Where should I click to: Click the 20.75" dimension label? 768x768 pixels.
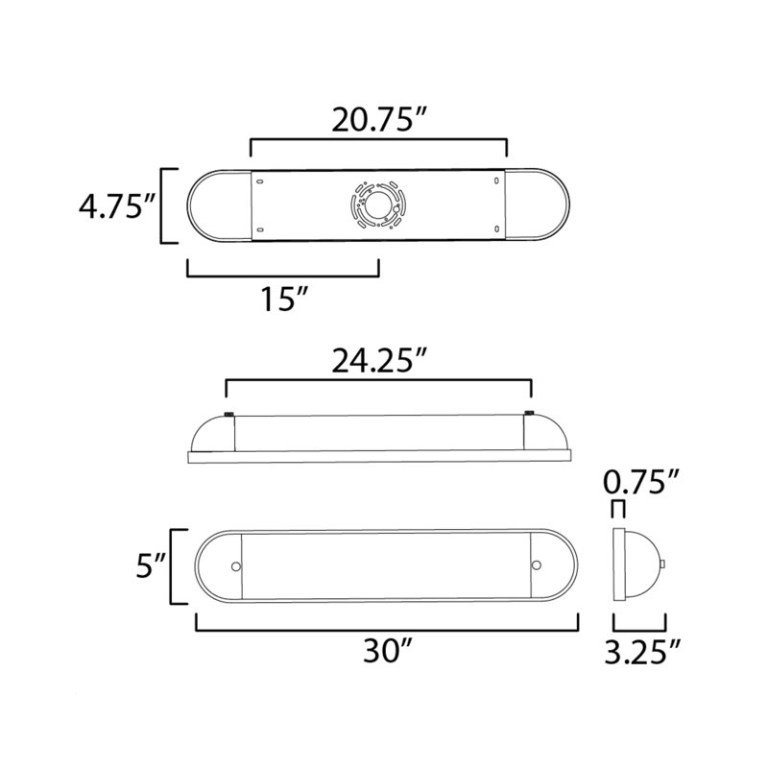coord(378,120)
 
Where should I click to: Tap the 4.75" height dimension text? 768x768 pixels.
coord(117,205)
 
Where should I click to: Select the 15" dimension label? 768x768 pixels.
coord(282,300)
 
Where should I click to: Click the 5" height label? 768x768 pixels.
coord(146,567)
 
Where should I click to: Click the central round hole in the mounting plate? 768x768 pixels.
coord(377,204)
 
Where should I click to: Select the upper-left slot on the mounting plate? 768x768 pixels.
coord(260,180)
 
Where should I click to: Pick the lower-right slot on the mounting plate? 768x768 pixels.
coord(495,228)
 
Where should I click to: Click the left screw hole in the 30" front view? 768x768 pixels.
coord(233,565)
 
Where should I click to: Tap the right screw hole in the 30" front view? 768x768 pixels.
coord(538,565)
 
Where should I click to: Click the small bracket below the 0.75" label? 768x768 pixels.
coord(619,507)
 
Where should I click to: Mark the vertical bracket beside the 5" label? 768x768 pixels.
coord(174,566)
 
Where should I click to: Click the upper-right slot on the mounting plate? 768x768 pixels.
coord(495,180)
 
